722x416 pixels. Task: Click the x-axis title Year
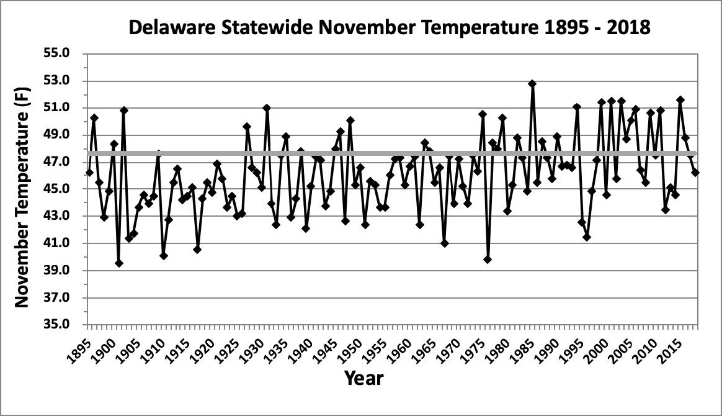(363, 377)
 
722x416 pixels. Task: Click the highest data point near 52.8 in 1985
(532, 83)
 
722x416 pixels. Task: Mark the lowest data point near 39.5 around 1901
(119, 263)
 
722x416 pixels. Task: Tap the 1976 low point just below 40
(488, 260)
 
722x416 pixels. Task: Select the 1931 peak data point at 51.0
(267, 107)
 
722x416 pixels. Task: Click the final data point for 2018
(695, 173)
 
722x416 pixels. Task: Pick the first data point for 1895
(89, 173)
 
